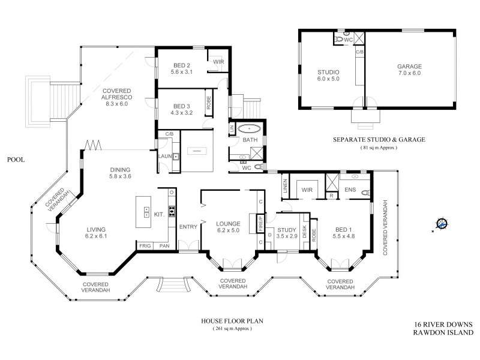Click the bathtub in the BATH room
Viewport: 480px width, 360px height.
[248, 128]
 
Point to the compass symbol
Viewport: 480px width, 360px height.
[442, 224]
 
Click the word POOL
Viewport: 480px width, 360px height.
[16, 160]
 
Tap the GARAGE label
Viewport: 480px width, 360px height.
[409, 67]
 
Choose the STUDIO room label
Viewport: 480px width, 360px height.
[328, 72]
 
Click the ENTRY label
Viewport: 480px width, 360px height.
[188, 226]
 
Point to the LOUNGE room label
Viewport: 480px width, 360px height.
[228, 224]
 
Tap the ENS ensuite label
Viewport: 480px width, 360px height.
[350, 190]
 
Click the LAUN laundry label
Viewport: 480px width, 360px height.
[164, 156]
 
